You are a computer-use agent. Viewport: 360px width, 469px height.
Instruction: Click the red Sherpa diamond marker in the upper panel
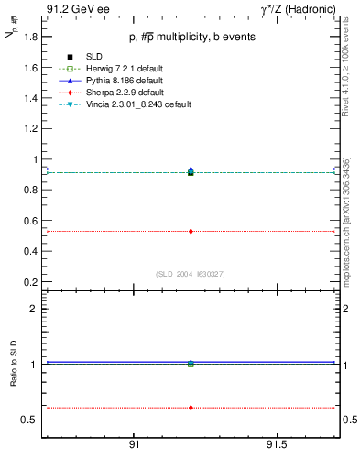click(x=191, y=231)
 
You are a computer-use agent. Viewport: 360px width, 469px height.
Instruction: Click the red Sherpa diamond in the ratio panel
click(x=191, y=407)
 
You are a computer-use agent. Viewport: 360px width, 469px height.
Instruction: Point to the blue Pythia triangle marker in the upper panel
click(x=191, y=169)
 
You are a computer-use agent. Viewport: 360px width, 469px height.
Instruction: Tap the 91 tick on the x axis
click(x=134, y=446)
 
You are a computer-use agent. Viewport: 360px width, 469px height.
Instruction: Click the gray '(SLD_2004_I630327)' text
click(x=190, y=273)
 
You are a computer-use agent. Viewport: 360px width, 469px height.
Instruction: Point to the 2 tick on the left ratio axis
click(x=34, y=309)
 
